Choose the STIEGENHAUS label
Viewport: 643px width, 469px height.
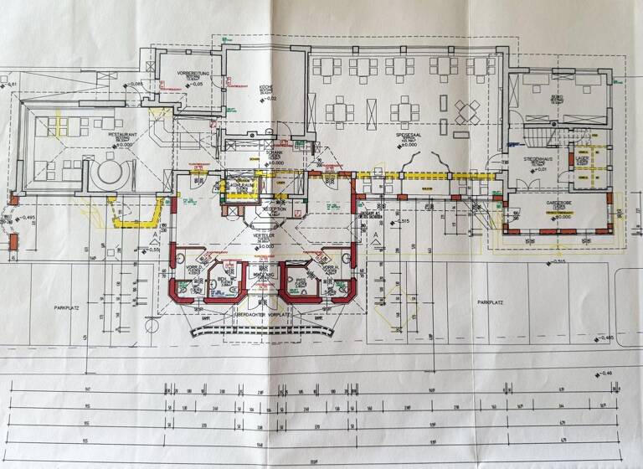(x=537, y=157)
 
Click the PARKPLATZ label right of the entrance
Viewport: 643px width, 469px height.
(x=491, y=302)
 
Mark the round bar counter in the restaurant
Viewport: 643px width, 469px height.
(x=110, y=175)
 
